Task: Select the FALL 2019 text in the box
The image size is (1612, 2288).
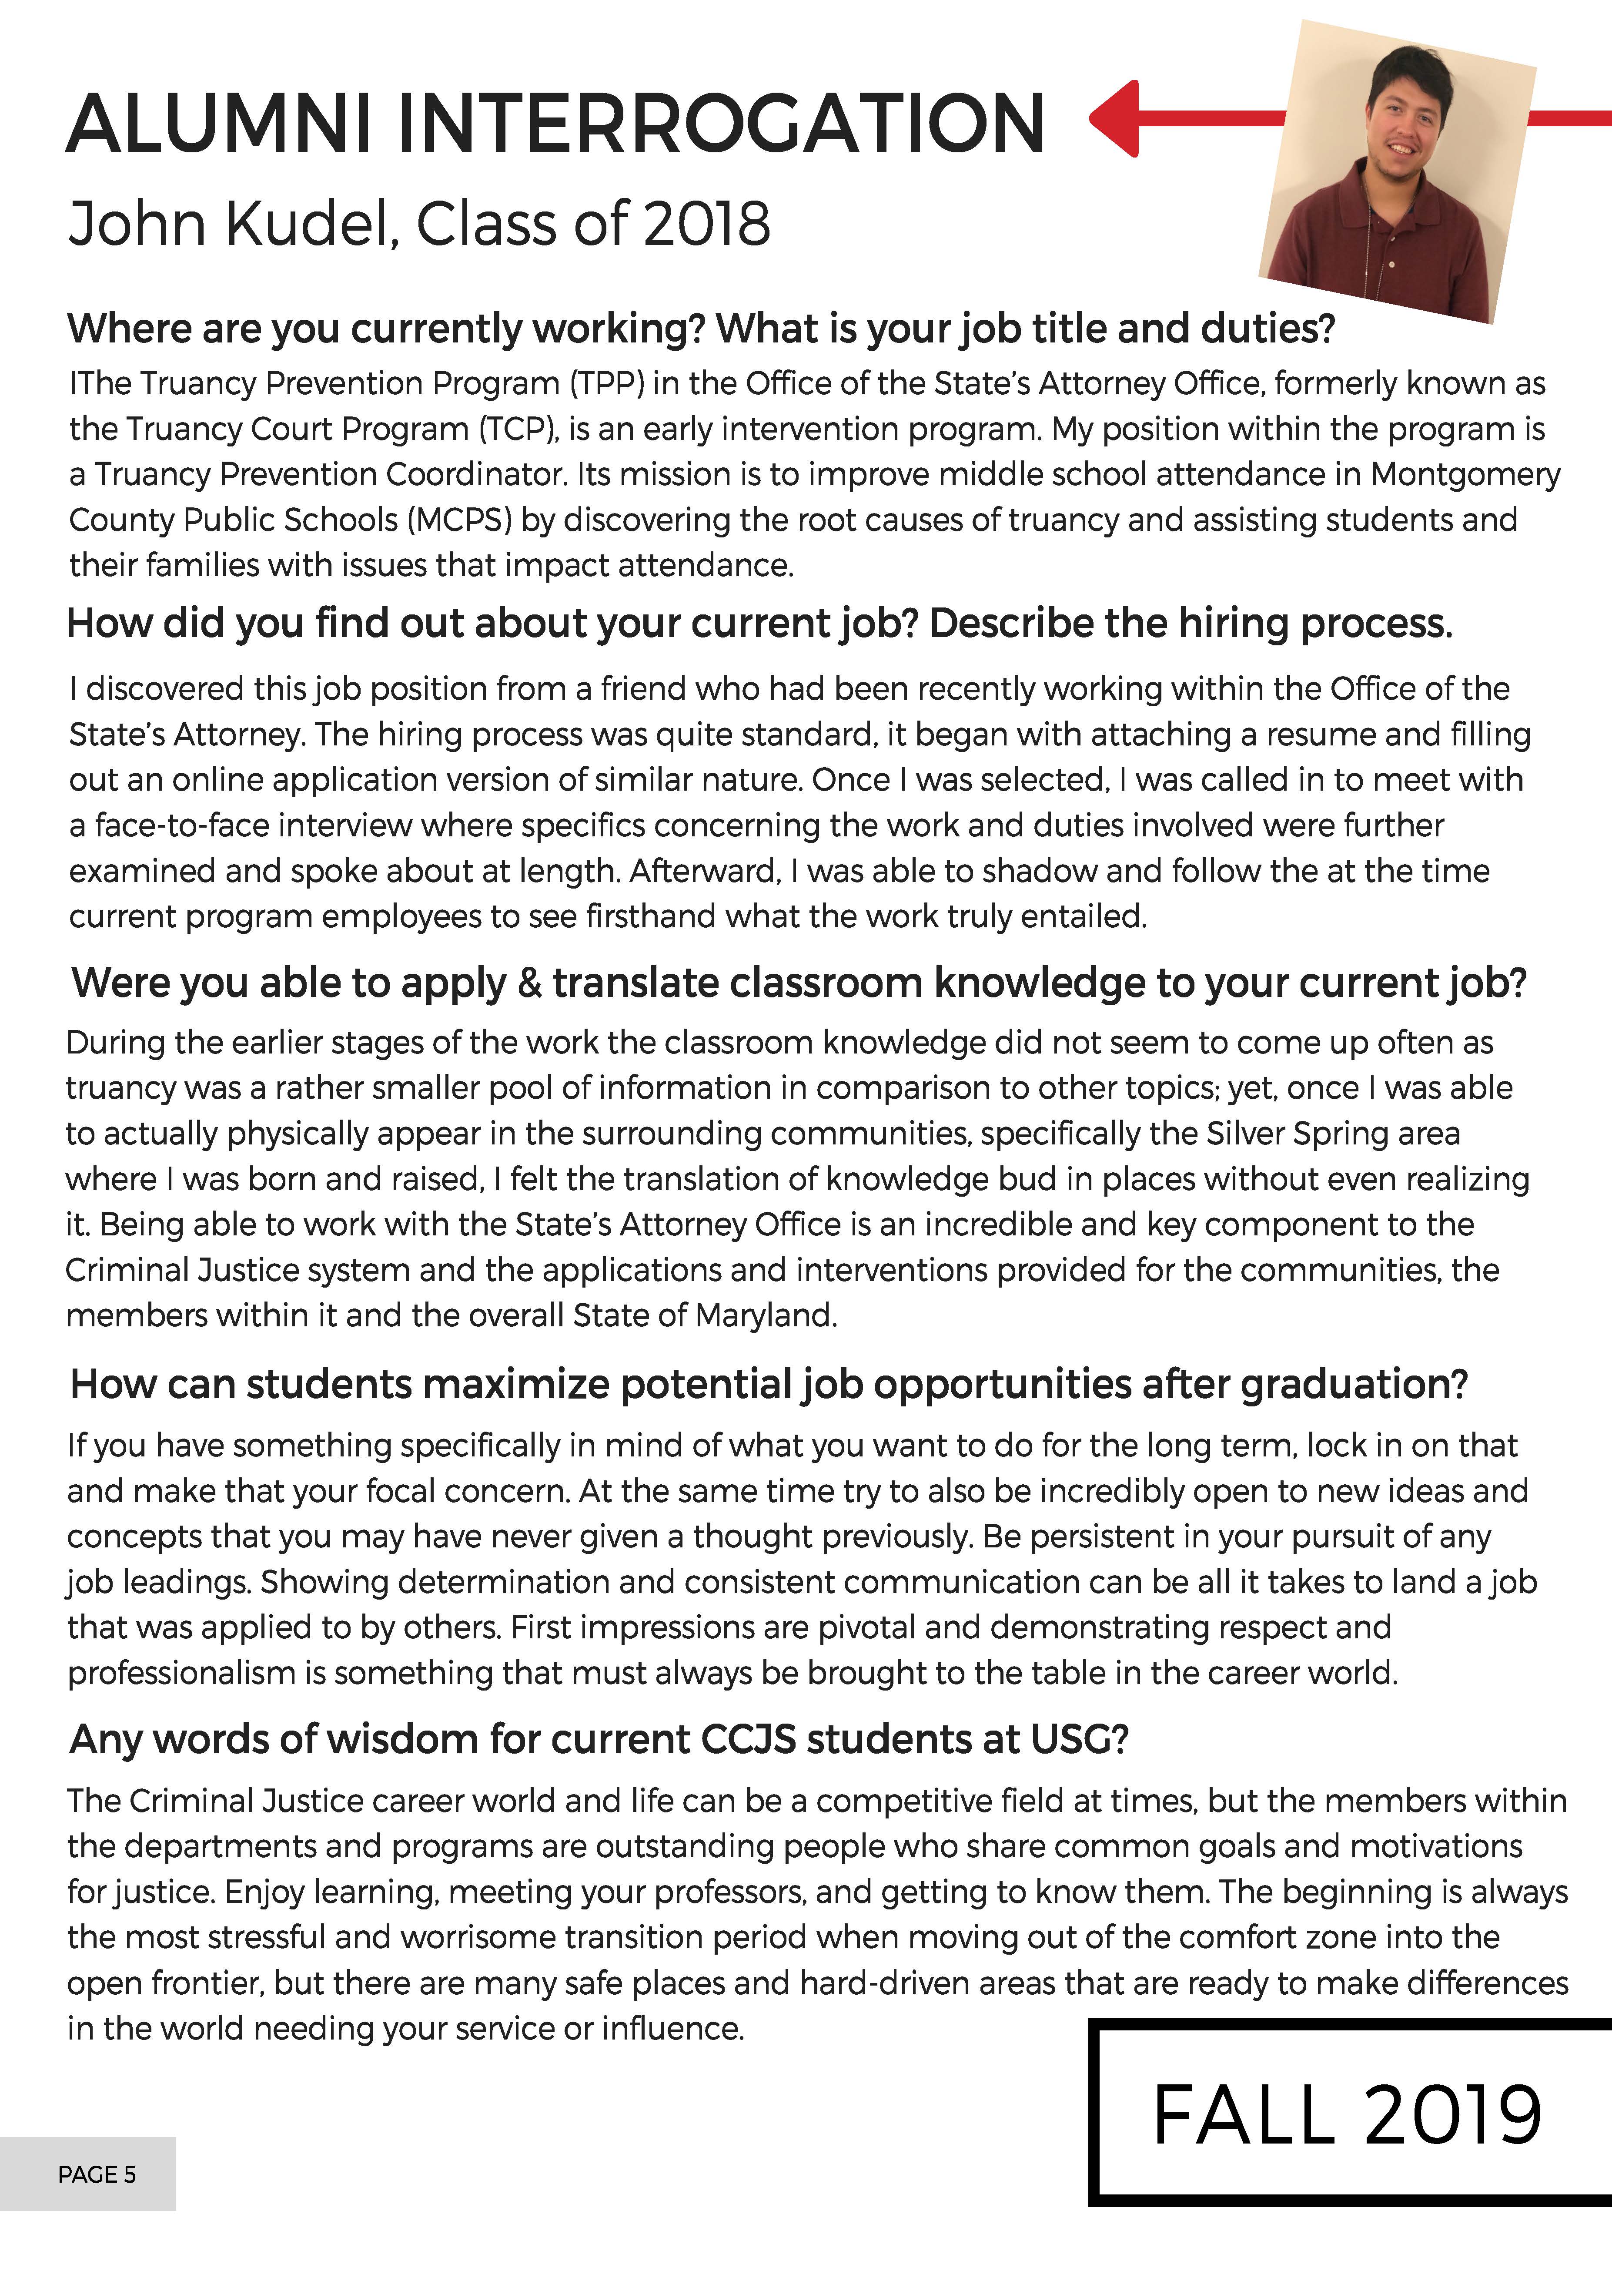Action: pyautogui.click(x=1347, y=2115)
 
